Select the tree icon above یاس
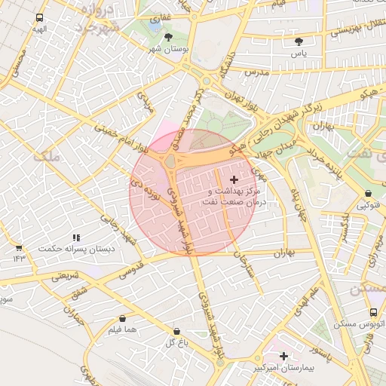[x=299, y=41]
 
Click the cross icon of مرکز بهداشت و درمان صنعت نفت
[x=234, y=179]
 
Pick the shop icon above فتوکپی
[x=367, y=194]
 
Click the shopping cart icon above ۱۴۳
[x=18, y=247]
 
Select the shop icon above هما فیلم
[x=122, y=319]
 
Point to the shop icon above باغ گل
[x=176, y=331]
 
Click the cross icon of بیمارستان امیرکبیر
[x=283, y=356]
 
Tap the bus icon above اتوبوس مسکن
[x=373, y=312]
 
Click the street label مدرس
[x=256, y=72]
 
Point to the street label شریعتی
[x=65, y=277]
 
